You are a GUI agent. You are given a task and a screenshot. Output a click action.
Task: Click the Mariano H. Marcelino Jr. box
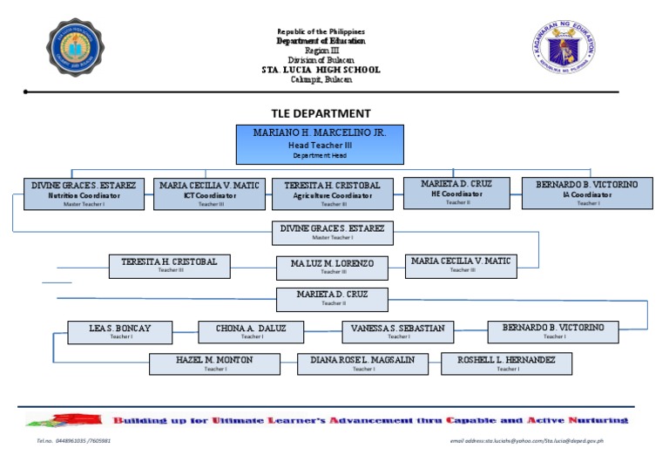[320, 144]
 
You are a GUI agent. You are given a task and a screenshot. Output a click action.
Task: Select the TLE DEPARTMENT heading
[321, 113]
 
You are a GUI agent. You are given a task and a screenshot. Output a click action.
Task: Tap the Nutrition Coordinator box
[84, 194]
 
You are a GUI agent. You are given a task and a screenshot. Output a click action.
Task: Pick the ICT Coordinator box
[210, 194]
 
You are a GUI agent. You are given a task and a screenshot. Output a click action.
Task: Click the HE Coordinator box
[456, 193]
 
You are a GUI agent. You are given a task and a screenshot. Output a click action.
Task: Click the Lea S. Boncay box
[120, 332]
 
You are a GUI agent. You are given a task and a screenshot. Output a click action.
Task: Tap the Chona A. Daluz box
[252, 332]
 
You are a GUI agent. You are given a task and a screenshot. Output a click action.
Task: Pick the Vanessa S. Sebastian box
[398, 332]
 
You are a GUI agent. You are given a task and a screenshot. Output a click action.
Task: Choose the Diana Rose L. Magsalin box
[362, 363]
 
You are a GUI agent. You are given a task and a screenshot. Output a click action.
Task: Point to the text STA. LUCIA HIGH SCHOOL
[321, 70]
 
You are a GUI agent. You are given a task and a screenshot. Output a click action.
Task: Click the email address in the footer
[526, 441]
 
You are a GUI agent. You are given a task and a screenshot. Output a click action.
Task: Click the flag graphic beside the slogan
[78, 420]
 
